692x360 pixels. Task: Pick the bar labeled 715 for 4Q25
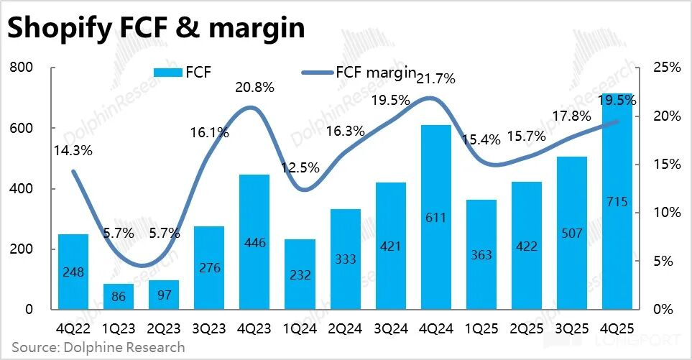[617, 201]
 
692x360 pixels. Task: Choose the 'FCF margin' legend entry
[359, 72]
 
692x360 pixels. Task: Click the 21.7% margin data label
[436, 79]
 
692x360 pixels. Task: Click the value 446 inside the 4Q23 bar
[255, 243]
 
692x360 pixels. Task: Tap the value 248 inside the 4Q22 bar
[73, 272]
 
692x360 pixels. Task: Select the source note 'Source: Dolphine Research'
[98, 348]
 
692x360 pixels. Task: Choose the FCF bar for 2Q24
[346, 259]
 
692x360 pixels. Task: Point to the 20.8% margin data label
[255, 88]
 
